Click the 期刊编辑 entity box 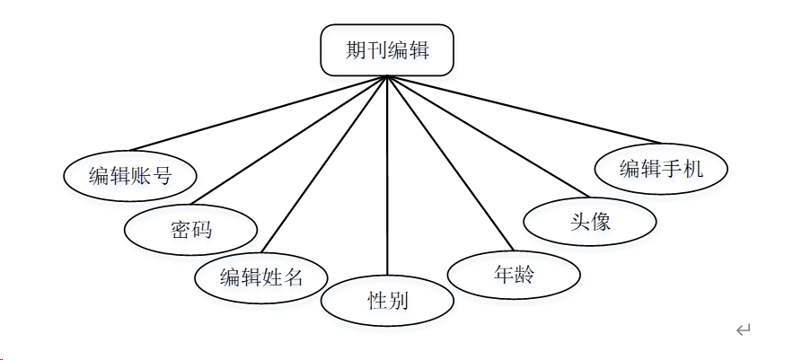(x=387, y=50)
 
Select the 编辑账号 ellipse (x=130, y=176)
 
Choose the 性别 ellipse (x=387, y=301)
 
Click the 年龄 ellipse (x=513, y=275)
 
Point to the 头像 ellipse (x=589, y=221)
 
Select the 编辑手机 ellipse (x=661, y=168)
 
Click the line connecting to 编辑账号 (x=259, y=113)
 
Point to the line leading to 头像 (x=485, y=136)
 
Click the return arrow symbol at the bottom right (x=743, y=330)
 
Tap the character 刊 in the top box (x=376, y=50)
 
